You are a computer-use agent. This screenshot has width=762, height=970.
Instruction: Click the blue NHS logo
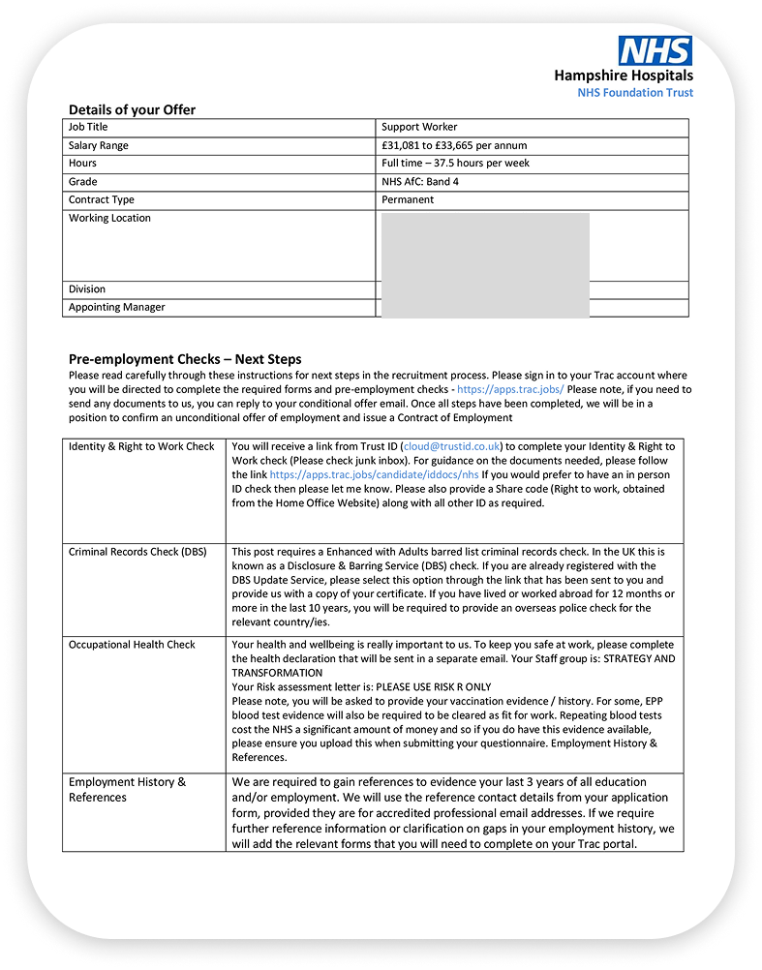pos(655,50)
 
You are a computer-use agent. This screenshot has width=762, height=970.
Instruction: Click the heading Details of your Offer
pos(132,109)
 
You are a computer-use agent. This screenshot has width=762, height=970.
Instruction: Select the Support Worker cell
pos(419,127)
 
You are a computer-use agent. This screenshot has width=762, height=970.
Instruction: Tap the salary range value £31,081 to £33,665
pos(454,145)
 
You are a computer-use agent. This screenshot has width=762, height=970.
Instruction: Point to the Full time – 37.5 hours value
pos(455,164)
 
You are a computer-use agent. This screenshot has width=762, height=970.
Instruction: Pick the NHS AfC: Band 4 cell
pos(421,182)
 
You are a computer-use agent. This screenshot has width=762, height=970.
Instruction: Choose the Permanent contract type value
pos(408,199)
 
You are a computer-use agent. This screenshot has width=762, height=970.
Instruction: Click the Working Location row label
pos(109,218)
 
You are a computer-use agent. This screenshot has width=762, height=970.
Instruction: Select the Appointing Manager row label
pos(116,307)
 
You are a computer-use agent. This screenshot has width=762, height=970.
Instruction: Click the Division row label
pos(87,288)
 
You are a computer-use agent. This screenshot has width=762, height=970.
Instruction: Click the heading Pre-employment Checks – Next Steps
pos(185,359)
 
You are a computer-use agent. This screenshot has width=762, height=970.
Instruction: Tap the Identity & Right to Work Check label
pos(141,446)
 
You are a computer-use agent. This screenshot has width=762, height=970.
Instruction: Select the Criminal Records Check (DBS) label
pos(137,552)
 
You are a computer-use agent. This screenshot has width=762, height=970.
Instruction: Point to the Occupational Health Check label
pos(132,644)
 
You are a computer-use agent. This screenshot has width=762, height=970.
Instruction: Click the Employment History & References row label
pos(127,789)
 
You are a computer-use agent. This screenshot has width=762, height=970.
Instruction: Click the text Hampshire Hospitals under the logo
pos(624,76)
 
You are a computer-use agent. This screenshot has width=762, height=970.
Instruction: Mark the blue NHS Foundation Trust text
pos(635,93)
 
